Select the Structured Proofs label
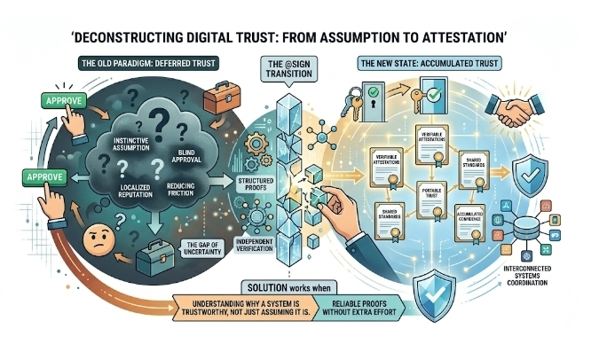point(233,184)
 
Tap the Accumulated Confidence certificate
point(470,218)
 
